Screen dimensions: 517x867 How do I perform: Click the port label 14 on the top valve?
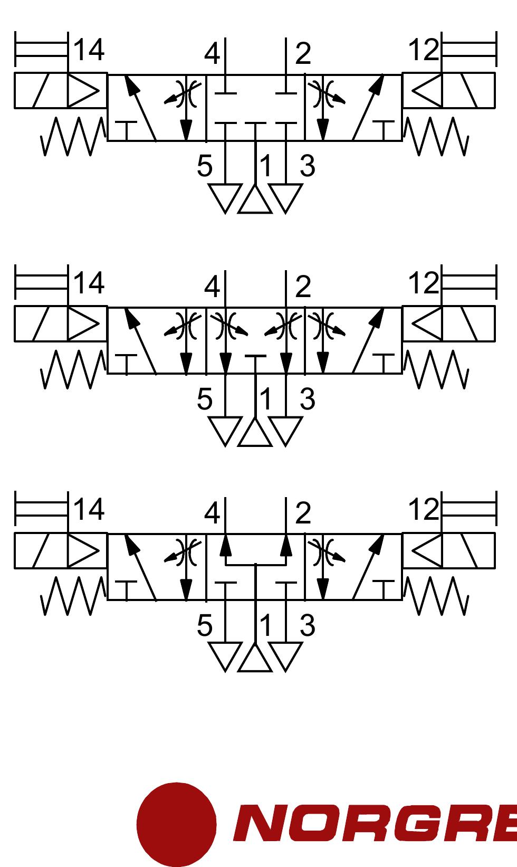pos(89,50)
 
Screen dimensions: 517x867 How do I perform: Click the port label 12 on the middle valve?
pos(424,283)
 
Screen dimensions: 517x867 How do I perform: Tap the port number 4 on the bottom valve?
pos(212,513)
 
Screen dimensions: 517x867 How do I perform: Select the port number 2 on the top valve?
pos(303,54)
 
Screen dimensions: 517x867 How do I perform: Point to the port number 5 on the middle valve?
pos(205,399)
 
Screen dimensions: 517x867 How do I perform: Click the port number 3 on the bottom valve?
pos(308,626)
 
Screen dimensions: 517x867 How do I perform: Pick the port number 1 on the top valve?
pos(266,166)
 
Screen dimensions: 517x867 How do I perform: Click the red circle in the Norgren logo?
pos(176,824)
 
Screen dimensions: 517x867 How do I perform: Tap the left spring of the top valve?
pos(73,136)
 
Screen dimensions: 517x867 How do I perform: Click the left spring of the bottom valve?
pos(73,596)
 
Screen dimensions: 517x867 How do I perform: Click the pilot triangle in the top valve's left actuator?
pos(83,91)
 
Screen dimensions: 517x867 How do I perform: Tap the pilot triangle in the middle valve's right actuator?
pos(427,324)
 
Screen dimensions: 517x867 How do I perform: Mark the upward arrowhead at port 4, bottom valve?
pos(225,545)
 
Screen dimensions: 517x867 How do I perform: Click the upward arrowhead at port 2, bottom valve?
pos(286,545)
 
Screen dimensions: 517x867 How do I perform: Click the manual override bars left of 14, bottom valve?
pos(42,508)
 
